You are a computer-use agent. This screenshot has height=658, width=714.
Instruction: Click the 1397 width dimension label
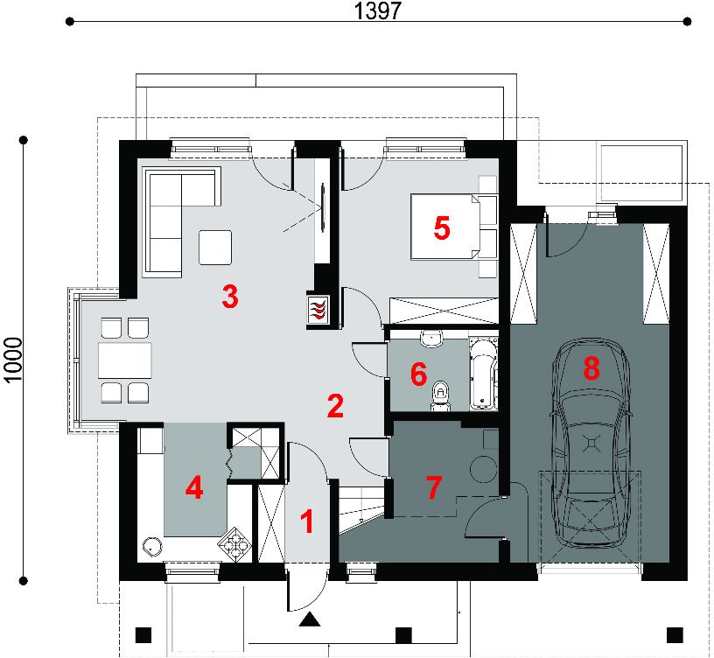(377, 10)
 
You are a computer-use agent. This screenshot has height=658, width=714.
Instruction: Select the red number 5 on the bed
(442, 227)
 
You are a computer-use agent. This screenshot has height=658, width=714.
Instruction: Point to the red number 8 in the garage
(591, 367)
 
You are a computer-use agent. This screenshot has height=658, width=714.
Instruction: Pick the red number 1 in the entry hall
(308, 521)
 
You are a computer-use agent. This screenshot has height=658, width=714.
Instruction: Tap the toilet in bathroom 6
(440, 395)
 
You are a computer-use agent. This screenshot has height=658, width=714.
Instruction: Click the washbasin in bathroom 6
(430, 338)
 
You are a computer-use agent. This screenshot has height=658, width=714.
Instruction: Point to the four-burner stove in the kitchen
(234, 543)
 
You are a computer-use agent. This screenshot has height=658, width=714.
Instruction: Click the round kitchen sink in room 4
(150, 545)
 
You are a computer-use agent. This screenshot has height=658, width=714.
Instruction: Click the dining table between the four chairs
(125, 360)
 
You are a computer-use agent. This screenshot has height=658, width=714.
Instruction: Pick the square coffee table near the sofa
(215, 248)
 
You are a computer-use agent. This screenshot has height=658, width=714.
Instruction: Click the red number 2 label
(335, 406)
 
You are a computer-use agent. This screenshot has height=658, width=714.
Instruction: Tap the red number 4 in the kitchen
(194, 488)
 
